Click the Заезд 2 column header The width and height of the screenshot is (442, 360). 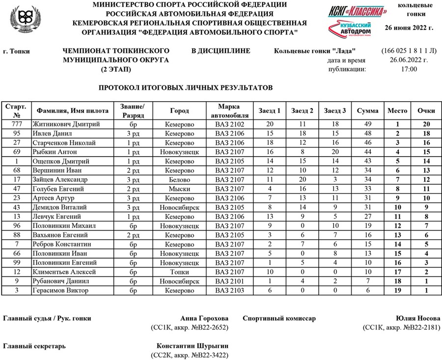pyautogui.click(x=302, y=111)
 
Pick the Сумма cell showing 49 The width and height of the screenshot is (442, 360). pyautogui.click(x=367, y=124)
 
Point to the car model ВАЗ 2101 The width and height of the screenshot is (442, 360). pyautogui.click(x=229, y=281)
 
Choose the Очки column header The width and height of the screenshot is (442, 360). pyautogui.click(x=426, y=111)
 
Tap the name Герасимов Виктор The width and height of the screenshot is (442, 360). pyautogui.click(x=60, y=291)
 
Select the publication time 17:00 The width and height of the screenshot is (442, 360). pyautogui.click(x=409, y=69)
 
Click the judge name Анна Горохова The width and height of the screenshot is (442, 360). pyautogui.click(x=205, y=318)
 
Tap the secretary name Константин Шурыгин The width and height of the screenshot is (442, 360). pyautogui.click(x=193, y=346)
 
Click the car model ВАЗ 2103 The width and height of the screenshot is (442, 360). pyautogui.click(x=229, y=291)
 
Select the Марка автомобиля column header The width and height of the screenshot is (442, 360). pyautogui.click(x=229, y=111)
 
